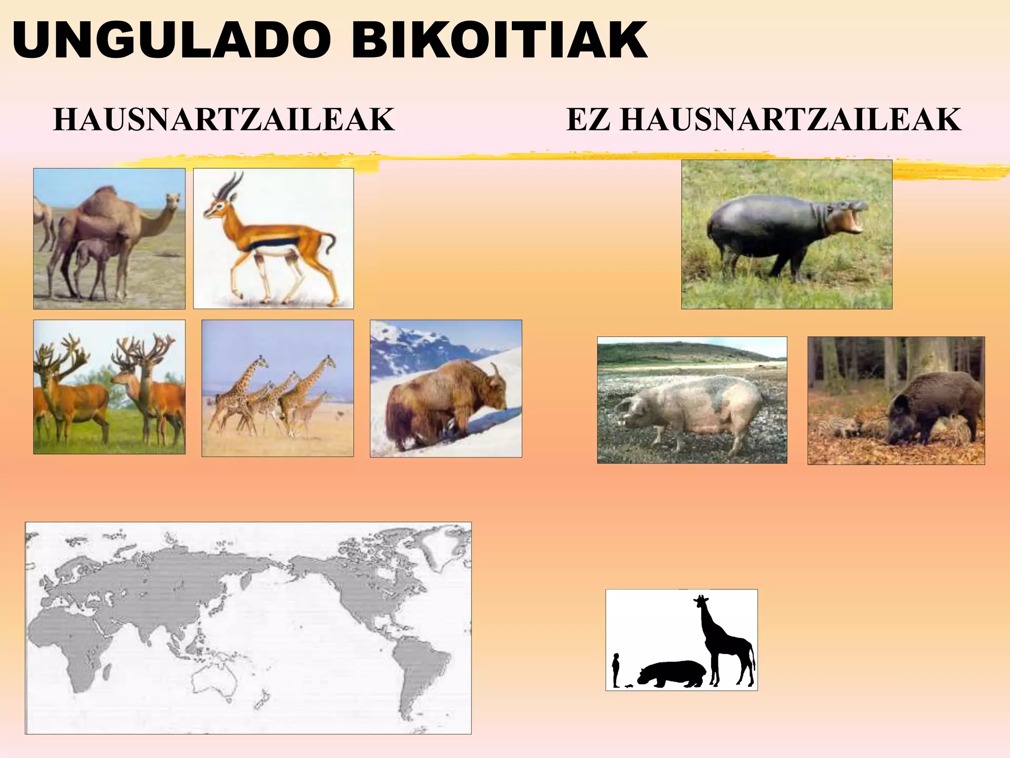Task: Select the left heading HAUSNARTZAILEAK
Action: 224,120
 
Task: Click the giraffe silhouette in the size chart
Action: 725,642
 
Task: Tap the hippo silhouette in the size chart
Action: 673,674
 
